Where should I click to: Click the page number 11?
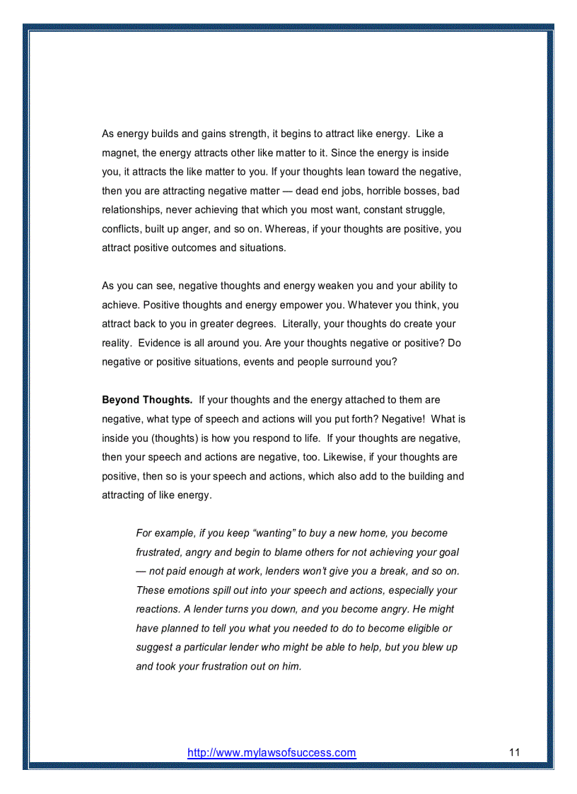pyautogui.click(x=514, y=752)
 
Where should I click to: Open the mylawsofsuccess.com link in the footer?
pyautogui.click(x=272, y=753)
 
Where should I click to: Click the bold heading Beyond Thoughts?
pyautogui.click(x=147, y=400)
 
